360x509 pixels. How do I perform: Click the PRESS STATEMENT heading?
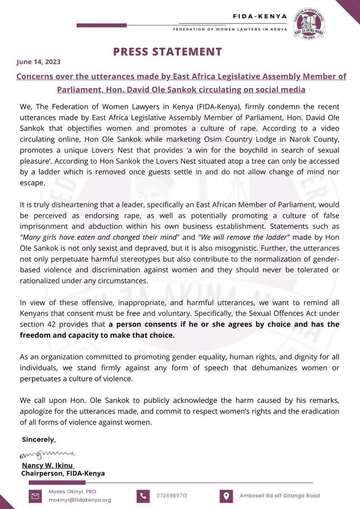click(x=167, y=52)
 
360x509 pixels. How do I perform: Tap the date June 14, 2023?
click(x=38, y=62)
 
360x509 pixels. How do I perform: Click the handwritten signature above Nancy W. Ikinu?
click(x=47, y=456)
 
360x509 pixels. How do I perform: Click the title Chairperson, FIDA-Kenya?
click(x=63, y=473)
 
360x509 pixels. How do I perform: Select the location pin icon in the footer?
click(x=225, y=495)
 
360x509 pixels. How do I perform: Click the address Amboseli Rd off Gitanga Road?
click(x=280, y=495)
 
